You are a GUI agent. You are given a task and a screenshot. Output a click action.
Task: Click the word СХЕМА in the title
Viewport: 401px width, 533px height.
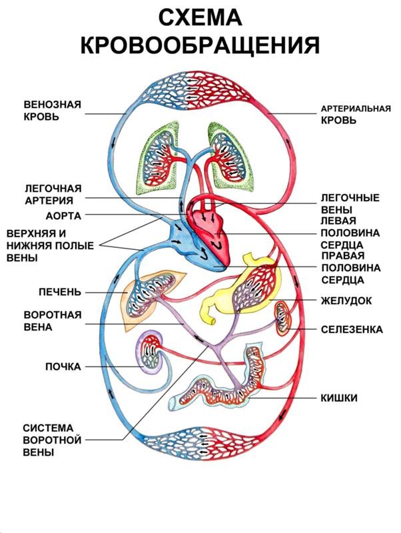pos(200,18)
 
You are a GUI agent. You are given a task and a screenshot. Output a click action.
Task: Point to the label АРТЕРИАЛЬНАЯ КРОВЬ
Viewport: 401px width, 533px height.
pos(355,114)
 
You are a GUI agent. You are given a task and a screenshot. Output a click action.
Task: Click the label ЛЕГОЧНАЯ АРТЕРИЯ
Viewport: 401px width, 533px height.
pos(53,193)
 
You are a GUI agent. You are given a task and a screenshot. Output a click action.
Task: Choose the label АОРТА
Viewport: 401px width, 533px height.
pos(63,216)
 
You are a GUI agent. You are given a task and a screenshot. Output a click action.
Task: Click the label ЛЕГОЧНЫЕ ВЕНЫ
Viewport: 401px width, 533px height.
pos(350,204)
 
